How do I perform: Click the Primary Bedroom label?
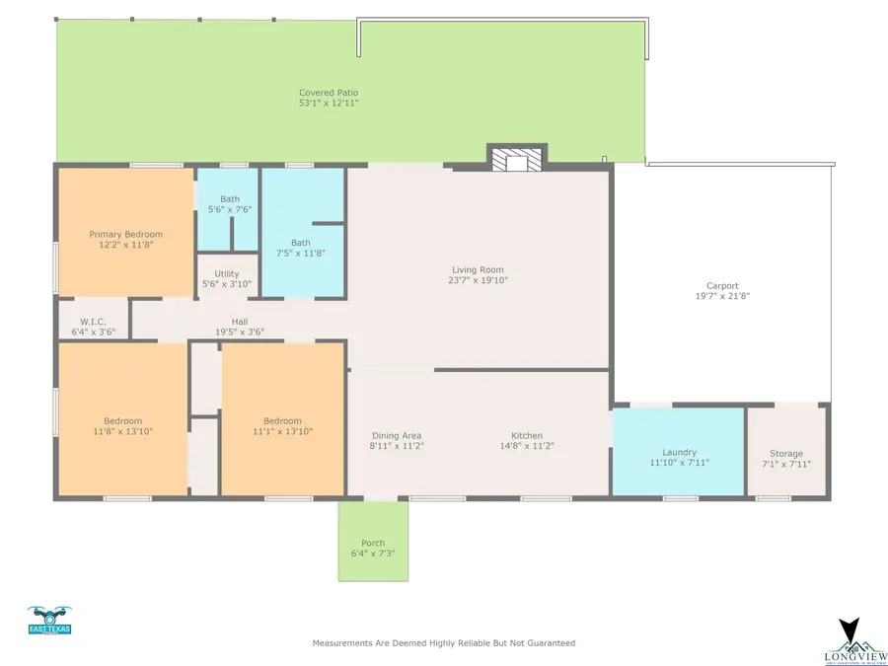pyautogui.click(x=125, y=234)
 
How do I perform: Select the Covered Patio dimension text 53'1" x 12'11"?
pyautogui.click(x=329, y=103)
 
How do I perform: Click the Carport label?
pyautogui.click(x=722, y=286)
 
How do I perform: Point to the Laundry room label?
pyautogui.click(x=679, y=452)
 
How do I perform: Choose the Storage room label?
pyautogui.click(x=786, y=454)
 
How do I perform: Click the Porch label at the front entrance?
pyautogui.click(x=373, y=544)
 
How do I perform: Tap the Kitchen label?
pyautogui.click(x=526, y=436)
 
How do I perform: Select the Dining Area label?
pyautogui.click(x=397, y=436)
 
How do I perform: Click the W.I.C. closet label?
pyautogui.click(x=94, y=322)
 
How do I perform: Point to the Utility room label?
pyautogui.click(x=227, y=273)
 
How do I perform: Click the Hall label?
pyautogui.click(x=240, y=321)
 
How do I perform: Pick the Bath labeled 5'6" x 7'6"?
pyautogui.click(x=229, y=198)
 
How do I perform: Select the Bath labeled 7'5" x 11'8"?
pyautogui.click(x=301, y=243)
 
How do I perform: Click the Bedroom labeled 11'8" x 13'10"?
pyautogui.click(x=123, y=421)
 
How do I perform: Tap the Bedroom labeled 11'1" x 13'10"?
pyautogui.click(x=282, y=421)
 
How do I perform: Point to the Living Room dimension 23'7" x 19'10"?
pyautogui.click(x=478, y=280)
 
